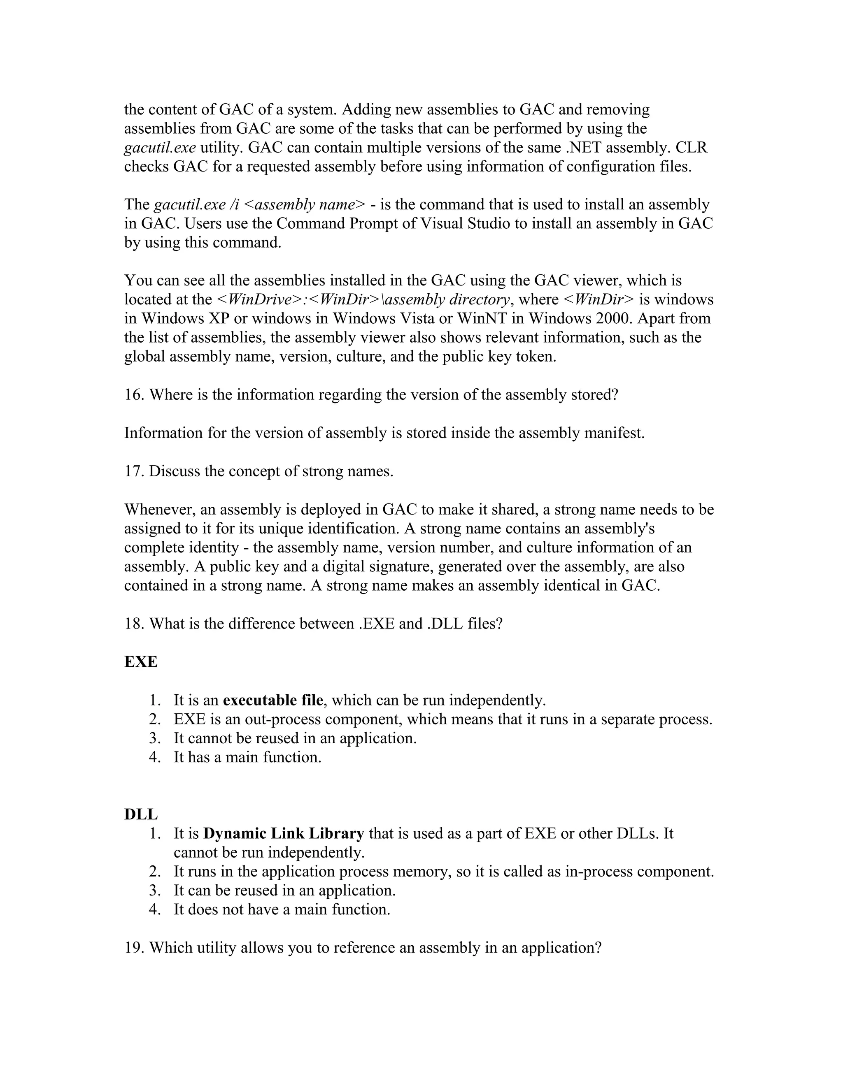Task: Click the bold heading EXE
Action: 141,662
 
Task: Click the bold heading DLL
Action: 141,814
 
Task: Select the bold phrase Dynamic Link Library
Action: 284,833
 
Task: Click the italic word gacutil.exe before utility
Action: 160,148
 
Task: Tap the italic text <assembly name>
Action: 306,204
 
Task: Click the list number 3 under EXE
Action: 154,739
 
